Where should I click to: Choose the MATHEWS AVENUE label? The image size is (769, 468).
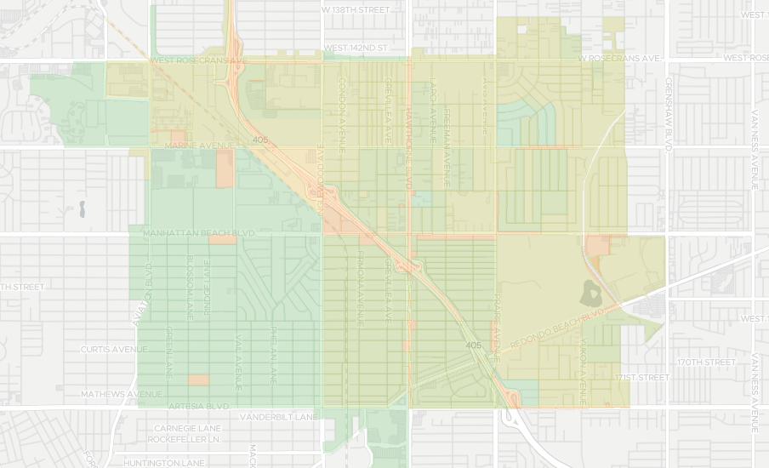coord(121,394)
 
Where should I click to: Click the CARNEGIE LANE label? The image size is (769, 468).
coord(188,428)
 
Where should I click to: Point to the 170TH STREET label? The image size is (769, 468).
coord(706,362)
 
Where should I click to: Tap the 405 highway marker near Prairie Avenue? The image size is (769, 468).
coord(474,345)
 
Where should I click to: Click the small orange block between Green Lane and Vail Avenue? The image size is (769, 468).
coord(198,380)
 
